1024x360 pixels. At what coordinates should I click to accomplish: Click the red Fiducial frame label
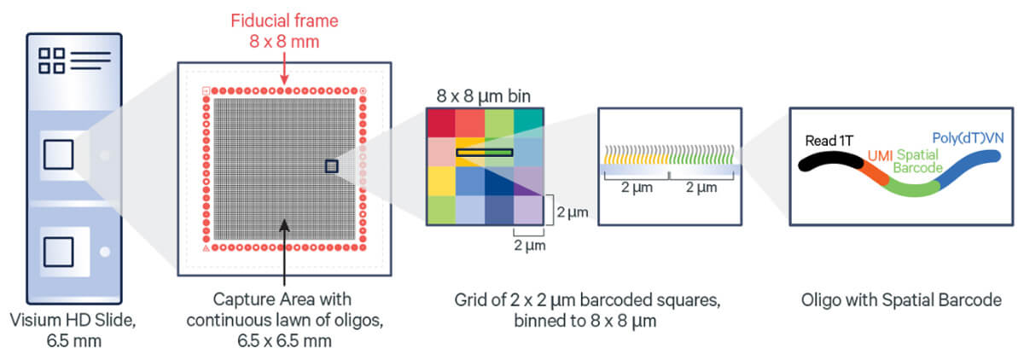pyautogui.click(x=284, y=31)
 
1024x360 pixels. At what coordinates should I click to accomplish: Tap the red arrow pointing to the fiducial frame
pyautogui.click(x=284, y=68)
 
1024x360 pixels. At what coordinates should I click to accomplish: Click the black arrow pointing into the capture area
pyautogui.click(x=284, y=253)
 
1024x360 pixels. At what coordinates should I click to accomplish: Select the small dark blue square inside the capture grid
pyautogui.click(x=331, y=166)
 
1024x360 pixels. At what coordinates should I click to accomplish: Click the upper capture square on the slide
pyautogui.click(x=58, y=155)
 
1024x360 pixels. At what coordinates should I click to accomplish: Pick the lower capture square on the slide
pyautogui.click(x=58, y=252)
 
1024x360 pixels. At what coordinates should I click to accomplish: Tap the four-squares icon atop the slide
pyautogui.click(x=52, y=61)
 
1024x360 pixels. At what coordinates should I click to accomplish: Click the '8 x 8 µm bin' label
pyautogui.click(x=484, y=96)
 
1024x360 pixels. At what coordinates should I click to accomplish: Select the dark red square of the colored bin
pyautogui.click(x=441, y=123)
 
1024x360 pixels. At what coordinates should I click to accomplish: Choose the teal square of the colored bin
pyautogui.click(x=528, y=123)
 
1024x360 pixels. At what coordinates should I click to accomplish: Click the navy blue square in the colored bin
pyautogui.click(x=499, y=181)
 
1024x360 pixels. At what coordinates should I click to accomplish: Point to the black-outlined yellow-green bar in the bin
pyautogui.click(x=485, y=152)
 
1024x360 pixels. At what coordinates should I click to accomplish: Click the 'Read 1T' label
pyautogui.click(x=829, y=141)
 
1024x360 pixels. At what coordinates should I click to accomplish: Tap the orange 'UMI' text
pyautogui.click(x=880, y=156)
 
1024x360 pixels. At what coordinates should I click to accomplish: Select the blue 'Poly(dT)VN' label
pyautogui.click(x=968, y=138)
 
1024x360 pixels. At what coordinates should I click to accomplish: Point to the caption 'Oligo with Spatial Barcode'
pyautogui.click(x=901, y=300)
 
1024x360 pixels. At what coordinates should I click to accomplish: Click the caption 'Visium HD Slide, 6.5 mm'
pyautogui.click(x=73, y=330)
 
